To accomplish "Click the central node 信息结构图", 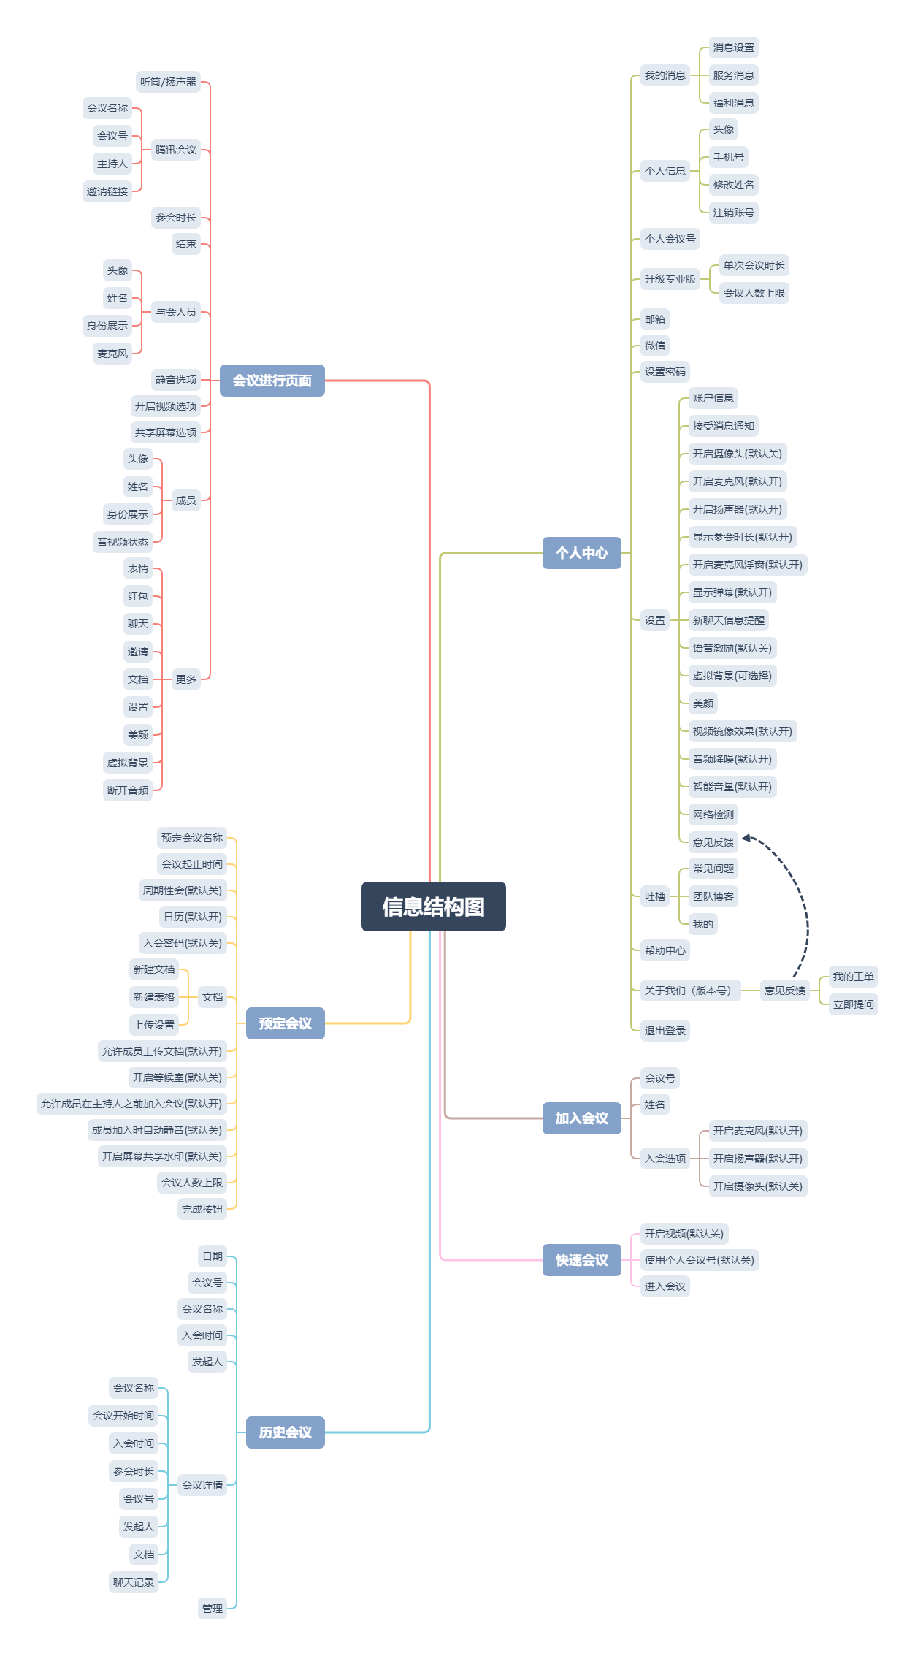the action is (x=433, y=907).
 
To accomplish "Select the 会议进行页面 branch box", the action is (x=272, y=381).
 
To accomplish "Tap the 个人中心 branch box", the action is (x=581, y=553).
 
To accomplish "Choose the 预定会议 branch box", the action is (x=285, y=1023).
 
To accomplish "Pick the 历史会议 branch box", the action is (x=285, y=1432).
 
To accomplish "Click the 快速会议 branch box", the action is (x=581, y=1260).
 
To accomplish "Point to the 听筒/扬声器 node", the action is (x=168, y=82).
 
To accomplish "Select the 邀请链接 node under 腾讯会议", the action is (x=107, y=191).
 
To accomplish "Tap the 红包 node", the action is (x=138, y=596).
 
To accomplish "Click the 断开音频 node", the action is (x=128, y=790).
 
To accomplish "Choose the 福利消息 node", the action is (x=734, y=103).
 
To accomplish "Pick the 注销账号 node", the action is (x=734, y=213).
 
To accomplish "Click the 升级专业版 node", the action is (x=670, y=279).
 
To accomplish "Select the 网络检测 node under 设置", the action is (x=713, y=814).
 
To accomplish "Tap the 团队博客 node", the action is (x=713, y=896).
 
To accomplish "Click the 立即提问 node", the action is (x=854, y=1004).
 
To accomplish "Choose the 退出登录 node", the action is (x=665, y=1031).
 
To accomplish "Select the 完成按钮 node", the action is (x=202, y=1209).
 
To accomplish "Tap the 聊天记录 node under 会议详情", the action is (x=134, y=1582).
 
